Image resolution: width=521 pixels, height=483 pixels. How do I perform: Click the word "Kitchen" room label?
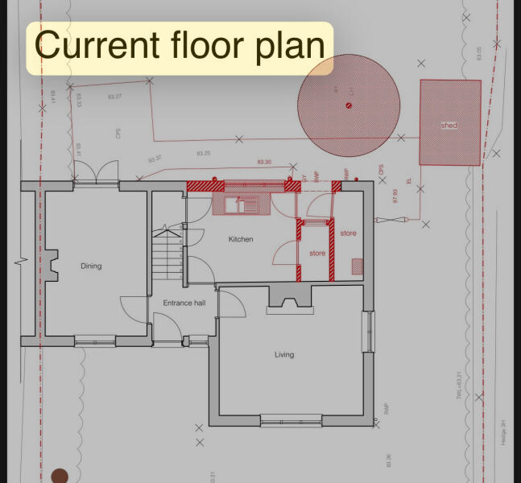pos(241,239)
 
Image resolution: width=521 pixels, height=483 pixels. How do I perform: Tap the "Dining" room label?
pos(91,266)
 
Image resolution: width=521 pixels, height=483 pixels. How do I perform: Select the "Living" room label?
pos(284,354)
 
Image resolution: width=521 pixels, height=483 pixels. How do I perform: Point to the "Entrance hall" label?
pos(184,303)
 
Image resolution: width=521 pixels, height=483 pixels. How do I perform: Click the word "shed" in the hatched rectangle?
pos(449,126)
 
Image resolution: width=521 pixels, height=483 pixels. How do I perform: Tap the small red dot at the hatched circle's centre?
pos(349,105)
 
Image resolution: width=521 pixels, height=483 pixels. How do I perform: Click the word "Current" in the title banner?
pos(83,45)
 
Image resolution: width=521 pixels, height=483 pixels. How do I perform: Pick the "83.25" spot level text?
pos(204,153)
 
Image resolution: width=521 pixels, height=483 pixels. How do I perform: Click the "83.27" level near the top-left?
pos(114,97)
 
